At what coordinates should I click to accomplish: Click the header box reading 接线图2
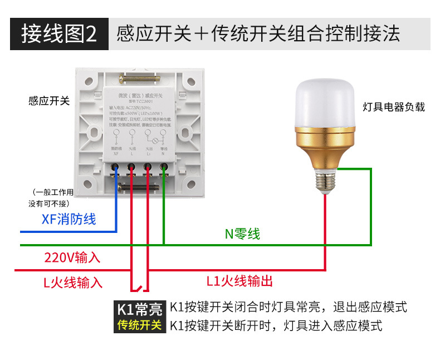(58, 33)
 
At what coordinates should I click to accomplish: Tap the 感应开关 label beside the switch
(49, 101)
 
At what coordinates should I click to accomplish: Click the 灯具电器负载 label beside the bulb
(393, 106)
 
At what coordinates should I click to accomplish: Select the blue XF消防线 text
(69, 219)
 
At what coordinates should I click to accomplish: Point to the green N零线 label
(242, 234)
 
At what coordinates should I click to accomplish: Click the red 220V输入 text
(72, 257)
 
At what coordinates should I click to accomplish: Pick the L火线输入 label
(73, 282)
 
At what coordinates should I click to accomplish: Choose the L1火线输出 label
(239, 281)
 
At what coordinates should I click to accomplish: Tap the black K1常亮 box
(139, 309)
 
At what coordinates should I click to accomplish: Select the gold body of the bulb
(324, 148)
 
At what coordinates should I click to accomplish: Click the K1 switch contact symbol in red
(140, 289)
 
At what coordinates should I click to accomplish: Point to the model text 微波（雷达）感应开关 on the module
(140, 96)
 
